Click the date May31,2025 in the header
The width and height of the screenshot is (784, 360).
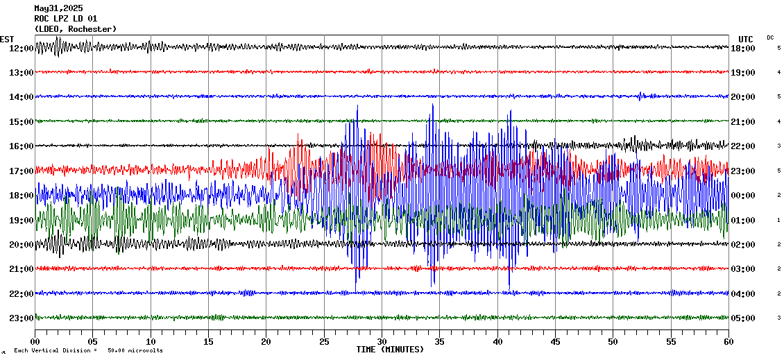point(58,8)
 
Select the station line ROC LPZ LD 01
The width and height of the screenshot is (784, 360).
point(66,19)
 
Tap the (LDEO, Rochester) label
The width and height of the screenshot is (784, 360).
point(76,29)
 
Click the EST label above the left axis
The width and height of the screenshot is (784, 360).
point(7,39)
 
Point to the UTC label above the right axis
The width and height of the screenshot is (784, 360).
point(746,39)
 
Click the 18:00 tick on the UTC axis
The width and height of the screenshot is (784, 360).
point(743,48)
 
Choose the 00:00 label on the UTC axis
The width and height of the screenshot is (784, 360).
point(743,195)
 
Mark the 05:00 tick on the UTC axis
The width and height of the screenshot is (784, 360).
point(743,318)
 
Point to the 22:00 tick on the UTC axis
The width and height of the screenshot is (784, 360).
point(743,146)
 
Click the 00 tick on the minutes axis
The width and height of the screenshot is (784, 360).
point(35,342)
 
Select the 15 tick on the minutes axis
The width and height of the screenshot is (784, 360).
point(209,342)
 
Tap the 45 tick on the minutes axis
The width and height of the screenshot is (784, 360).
point(555,342)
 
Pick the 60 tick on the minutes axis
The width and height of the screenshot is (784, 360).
point(728,342)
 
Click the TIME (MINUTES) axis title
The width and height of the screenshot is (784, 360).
point(390,350)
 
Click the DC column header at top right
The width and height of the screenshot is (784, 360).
point(770,37)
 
